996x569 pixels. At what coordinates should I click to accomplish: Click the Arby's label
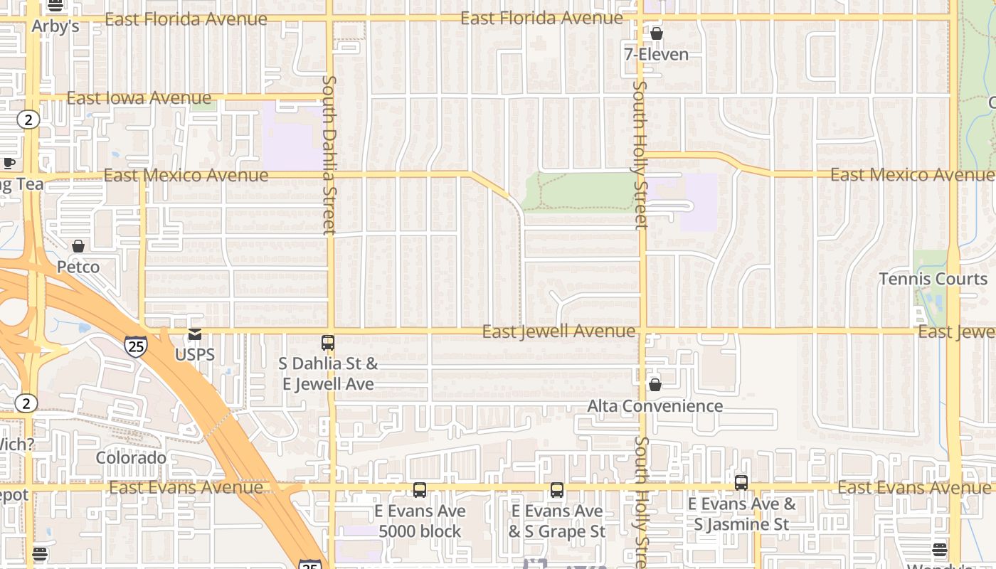55,26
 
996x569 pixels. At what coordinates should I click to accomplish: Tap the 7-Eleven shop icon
656,33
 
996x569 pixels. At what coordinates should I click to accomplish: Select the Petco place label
78,267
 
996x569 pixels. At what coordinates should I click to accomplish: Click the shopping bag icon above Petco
78,246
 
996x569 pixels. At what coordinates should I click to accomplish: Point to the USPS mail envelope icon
194,334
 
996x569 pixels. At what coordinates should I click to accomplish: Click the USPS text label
194,354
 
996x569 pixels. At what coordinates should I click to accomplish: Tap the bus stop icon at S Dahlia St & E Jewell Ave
327,343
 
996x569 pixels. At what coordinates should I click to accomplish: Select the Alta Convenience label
655,406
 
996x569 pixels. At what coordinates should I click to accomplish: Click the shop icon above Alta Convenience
655,385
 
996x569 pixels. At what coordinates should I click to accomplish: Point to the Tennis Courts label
933,279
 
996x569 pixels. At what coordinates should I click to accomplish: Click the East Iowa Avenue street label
139,97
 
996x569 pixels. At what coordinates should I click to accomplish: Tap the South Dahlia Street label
328,155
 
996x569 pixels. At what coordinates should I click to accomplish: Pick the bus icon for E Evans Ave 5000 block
420,490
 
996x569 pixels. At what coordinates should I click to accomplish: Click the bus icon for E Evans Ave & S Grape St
556,490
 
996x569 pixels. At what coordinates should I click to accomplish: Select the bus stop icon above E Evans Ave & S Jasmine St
741,483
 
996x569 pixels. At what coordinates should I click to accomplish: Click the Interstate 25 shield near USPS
135,346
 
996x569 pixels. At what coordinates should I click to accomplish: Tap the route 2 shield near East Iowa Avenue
28,119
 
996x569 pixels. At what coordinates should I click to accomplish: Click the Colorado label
131,457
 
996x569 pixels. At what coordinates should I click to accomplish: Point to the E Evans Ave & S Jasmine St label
741,514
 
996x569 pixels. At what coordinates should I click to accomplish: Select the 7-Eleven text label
656,54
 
